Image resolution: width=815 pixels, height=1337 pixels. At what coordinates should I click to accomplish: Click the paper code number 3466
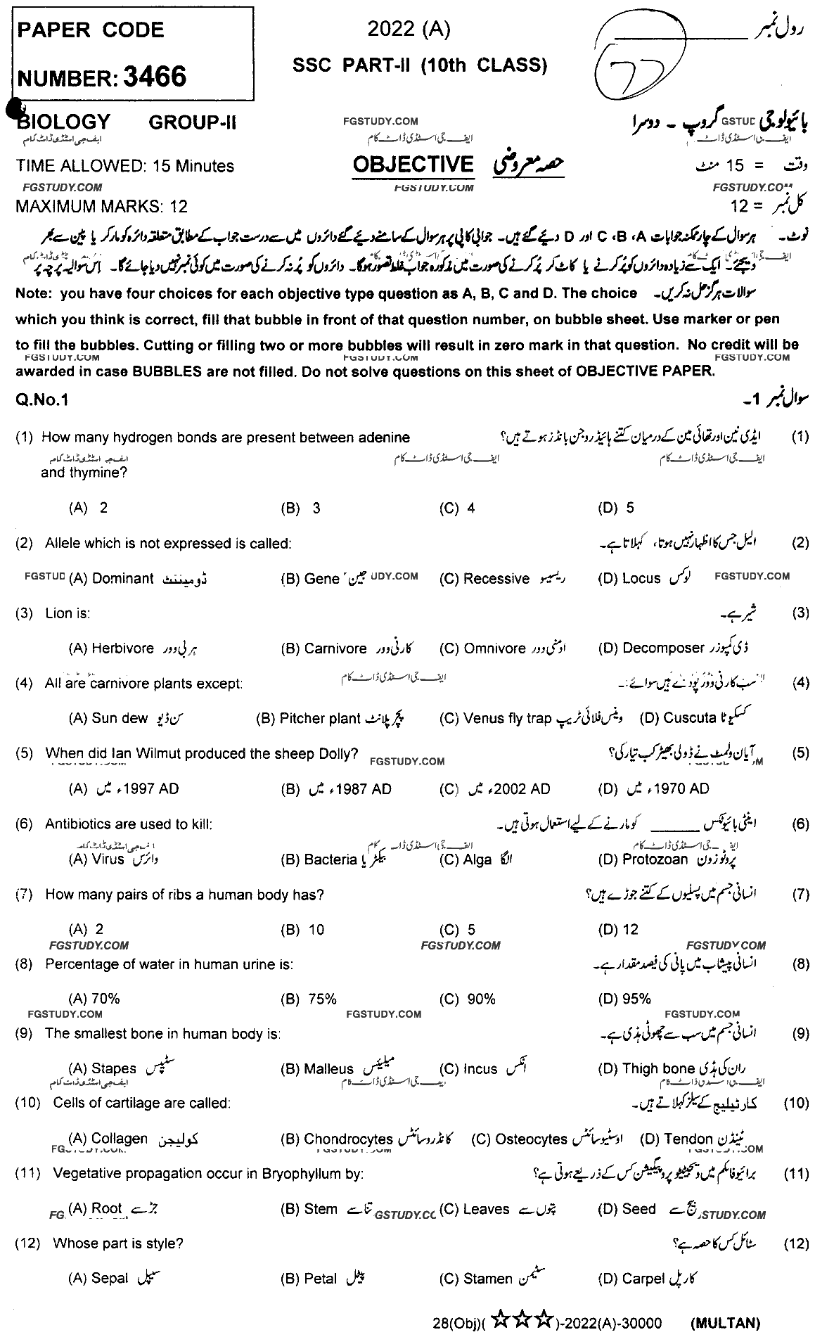pos(155,77)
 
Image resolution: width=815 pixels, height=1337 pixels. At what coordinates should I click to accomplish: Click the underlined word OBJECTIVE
pos(413,165)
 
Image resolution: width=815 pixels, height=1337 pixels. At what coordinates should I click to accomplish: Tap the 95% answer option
pos(636,999)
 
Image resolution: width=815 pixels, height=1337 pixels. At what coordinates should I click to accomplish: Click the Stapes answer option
pos(114,1069)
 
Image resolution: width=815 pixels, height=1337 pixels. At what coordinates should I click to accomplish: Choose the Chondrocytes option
pos(348,1139)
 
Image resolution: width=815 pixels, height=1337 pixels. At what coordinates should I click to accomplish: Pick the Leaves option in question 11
pos(486,1209)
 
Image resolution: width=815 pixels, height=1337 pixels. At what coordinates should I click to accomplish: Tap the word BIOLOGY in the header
pos(65,122)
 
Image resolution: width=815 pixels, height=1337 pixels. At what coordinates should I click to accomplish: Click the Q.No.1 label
pos(41,400)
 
